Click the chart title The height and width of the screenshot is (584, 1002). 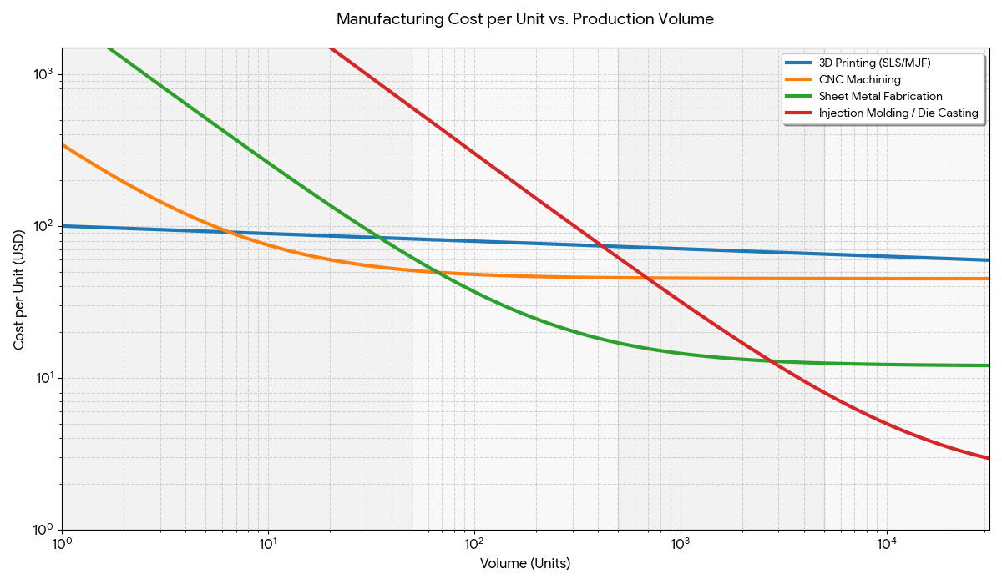click(x=524, y=19)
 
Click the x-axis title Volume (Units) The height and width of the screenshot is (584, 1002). click(x=524, y=564)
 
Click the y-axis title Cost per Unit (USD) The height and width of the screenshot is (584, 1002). click(x=18, y=288)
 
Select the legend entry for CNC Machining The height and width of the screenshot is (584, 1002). click(x=859, y=80)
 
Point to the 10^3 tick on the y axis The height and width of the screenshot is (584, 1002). click(x=43, y=74)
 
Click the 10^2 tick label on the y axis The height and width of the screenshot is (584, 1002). click(x=43, y=226)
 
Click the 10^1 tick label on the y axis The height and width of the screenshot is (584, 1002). click(x=43, y=378)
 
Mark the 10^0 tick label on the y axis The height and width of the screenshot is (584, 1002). click(x=43, y=530)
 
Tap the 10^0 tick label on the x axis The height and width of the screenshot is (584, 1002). click(x=62, y=544)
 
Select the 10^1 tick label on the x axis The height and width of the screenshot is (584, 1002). click(x=268, y=544)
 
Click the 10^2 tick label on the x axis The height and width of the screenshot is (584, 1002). click(x=474, y=544)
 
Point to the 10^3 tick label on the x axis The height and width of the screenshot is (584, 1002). click(x=681, y=544)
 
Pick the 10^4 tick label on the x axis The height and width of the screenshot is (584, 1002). click(x=887, y=544)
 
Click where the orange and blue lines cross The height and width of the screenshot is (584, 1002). click(x=228, y=232)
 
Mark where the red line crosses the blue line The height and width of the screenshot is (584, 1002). click(x=601, y=246)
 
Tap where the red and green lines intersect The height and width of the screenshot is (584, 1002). click(x=771, y=360)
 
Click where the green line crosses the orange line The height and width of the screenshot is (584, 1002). click(x=440, y=273)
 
